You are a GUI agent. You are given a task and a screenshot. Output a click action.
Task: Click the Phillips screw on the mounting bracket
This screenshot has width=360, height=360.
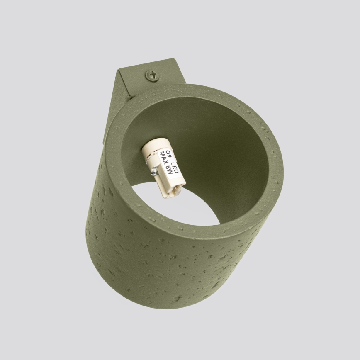152,75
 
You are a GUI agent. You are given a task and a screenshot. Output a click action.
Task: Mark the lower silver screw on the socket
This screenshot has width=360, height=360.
154,170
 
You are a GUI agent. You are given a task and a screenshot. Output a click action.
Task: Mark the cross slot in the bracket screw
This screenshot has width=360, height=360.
152,75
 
